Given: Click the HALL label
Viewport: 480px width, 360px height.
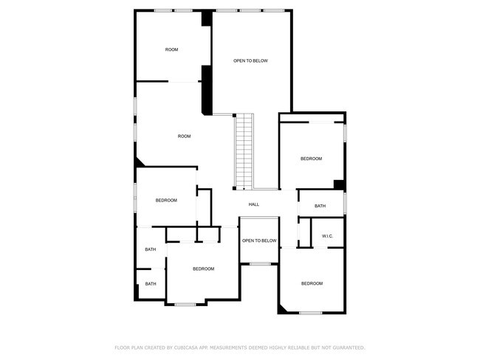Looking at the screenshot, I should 253,204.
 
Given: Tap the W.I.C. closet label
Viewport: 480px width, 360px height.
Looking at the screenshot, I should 327,236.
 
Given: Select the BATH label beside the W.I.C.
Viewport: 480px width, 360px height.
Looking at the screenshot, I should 320,206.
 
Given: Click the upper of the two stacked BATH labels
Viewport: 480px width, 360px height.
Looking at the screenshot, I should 150,249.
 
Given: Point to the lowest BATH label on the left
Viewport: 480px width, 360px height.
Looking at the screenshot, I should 150,283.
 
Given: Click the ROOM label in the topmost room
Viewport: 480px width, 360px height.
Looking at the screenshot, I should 171,49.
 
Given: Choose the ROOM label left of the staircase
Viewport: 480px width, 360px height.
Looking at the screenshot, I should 184,136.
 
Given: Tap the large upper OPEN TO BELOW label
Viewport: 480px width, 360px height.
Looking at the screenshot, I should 250,60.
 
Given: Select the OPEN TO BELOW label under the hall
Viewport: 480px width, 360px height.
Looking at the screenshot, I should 259,240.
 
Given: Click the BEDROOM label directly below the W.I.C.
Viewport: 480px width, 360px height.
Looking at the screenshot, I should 312,283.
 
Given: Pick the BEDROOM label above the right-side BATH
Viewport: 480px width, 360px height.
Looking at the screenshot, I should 311,159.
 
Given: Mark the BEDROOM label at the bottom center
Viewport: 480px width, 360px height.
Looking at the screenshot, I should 203,269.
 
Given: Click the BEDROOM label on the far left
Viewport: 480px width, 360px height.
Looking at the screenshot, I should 166,200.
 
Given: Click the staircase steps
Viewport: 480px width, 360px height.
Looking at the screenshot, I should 244,151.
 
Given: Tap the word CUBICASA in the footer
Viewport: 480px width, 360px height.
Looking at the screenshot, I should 188,347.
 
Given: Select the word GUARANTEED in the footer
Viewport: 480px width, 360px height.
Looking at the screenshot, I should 346,347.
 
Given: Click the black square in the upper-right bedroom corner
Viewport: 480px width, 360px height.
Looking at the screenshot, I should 339,184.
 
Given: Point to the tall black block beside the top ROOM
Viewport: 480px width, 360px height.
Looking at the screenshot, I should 208,89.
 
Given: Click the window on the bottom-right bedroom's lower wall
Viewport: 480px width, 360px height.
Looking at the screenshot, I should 311,313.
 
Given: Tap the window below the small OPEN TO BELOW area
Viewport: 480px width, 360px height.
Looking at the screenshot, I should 259,263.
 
